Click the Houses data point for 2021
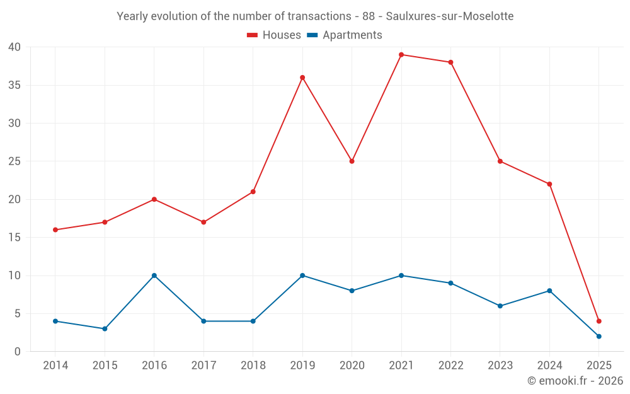[x=401, y=55]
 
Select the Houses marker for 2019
[x=302, y=78]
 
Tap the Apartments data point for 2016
[x=154, y=275]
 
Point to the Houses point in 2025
[x=599, y=322]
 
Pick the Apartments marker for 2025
[x=599, y=337]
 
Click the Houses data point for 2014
[x=55, y=230]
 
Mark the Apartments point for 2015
[x=105, y=329]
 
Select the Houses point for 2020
[x=352, y=161]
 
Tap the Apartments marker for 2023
[x=500, y=306]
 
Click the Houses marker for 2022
[x=451, y=62]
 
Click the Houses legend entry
[x=274, y=35]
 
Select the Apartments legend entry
[x=345, y=35]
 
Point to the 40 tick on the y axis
[x=14, y=47]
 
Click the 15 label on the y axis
[x=14, y=238]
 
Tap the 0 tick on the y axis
[x=18, y=352]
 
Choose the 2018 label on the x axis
[x=253, y=366]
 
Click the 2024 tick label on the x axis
[x=549, y=366]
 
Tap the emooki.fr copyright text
[x=575, y=381]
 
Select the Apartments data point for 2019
[x=302, y=275]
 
